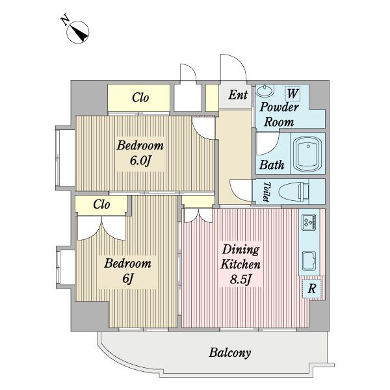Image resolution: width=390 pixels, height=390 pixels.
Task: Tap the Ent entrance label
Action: coord(238,95)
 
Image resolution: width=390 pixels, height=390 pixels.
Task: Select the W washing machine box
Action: coord(292,94)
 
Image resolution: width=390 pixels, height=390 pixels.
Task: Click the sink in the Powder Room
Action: coord(265,90)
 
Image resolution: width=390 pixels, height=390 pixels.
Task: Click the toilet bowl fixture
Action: coord(294,192)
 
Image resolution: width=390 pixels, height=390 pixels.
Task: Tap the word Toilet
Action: coord(266,192)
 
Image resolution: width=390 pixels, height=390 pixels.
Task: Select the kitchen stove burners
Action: coord(309,222)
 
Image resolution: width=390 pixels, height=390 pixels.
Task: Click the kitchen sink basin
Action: coord(309,261)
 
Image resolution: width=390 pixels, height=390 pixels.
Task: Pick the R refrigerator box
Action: coord(312,289)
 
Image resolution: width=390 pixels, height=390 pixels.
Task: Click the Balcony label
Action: coord(229,353)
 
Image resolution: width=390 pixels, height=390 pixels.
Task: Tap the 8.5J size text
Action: coord(240,279)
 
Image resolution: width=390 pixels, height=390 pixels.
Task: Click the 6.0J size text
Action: coord(140,161)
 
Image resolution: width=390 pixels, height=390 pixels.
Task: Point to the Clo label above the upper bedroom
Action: coord(140,97)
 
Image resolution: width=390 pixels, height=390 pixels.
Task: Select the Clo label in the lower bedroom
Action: coord(101,205)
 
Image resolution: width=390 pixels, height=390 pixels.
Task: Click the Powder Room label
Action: coord(279,114)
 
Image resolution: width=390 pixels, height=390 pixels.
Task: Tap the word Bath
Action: coord(272,165)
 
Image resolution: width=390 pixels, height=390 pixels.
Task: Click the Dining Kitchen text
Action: coord(240,257)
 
